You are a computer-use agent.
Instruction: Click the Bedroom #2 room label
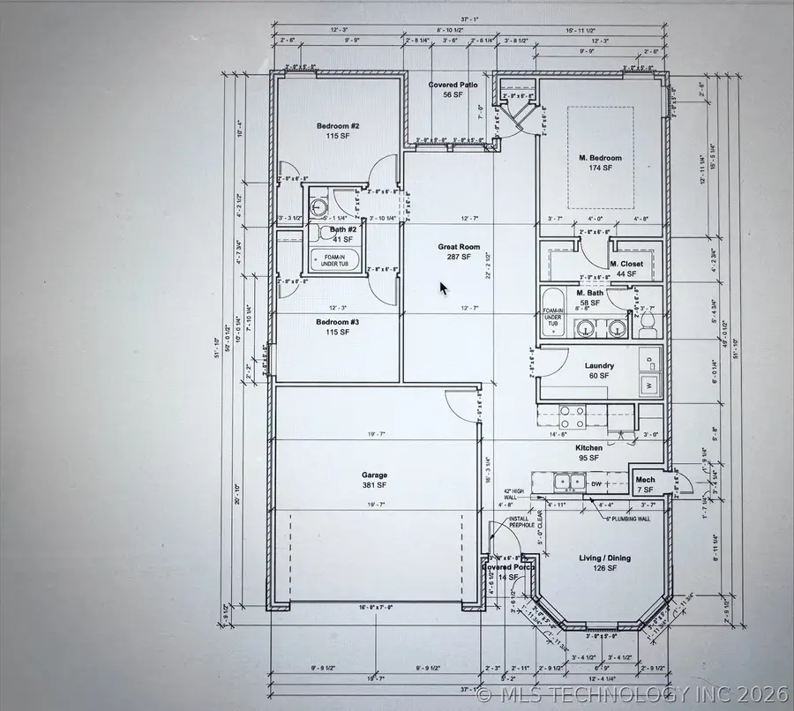pos(338,131)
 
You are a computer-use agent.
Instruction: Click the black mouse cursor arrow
pos(445,289)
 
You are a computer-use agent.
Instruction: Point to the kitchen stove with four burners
pos(572,416)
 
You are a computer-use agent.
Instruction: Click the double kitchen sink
pos(569,482)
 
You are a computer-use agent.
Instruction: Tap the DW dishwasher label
pos(596,483)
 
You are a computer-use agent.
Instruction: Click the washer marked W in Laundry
pos(650,385)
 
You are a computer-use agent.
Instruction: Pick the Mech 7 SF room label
pos(645,484)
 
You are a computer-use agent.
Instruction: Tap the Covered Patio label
pos(453,89)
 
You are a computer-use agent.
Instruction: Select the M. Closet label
pos(626,268)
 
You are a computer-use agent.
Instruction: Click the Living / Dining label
pos(604,563)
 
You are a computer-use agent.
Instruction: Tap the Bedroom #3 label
pos(338,327)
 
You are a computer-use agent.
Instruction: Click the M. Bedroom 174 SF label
pos(600,162)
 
